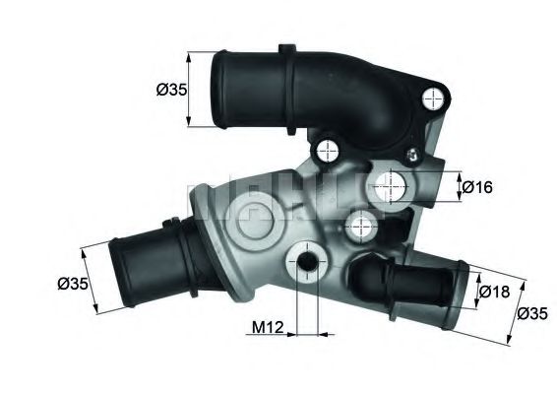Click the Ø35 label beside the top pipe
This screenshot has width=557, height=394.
pos(172,91)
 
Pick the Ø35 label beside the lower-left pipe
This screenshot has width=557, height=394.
pos(74,284)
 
